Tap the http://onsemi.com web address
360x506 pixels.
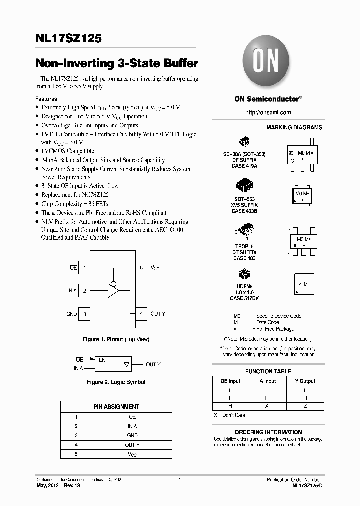pyautogui.click(x=268, y=112)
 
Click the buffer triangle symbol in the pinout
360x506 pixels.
pyautogui.click(x=113, y=290)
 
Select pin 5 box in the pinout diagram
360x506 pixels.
pyautogui.click(x=141, y=268)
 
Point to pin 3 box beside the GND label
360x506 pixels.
pyautogui.click(x=85, y=314)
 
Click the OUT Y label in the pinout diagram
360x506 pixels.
pyautogui.click(x=158, y=314)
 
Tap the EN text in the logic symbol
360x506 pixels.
pyautogui.click(x=102, y=360)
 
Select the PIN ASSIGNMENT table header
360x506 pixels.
pyautogui.click(x=116, y=407)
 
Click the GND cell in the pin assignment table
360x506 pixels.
pyautogui.click(x=132, y=435)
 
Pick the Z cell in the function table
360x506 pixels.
pyautogui.click(x=305, y=406)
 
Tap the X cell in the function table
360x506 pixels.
pyautogui.click(x=267, y=406)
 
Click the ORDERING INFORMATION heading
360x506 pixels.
pyautogui.click(x=268, y=432)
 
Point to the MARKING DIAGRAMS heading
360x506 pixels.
pyautogui.click(x=294, y=127)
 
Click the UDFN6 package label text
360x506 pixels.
pyautogui.click(x=244, y=286)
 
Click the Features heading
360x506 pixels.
pyautogui.click(x=46, y=99)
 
